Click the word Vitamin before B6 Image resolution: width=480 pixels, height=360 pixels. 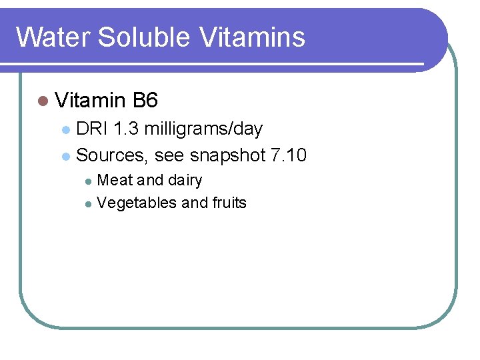click(x=91, y=101)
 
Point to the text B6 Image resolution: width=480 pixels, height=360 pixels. click(x=145, y=101)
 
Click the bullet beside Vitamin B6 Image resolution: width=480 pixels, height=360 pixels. click(x=43, y=101)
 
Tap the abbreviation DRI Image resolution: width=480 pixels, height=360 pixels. click(x=92, y=129)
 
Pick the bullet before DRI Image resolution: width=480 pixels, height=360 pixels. click(x=65, y=129)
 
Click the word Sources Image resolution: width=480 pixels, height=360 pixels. click(x=111, y=155)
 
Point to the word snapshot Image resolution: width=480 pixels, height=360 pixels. click(x=227, y=155)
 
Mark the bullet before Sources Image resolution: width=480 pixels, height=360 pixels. click(x=65, y=157)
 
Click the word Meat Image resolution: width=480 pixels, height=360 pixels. click(x=115, y=180)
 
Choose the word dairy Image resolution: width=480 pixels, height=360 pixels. click(x=185, y=180)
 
